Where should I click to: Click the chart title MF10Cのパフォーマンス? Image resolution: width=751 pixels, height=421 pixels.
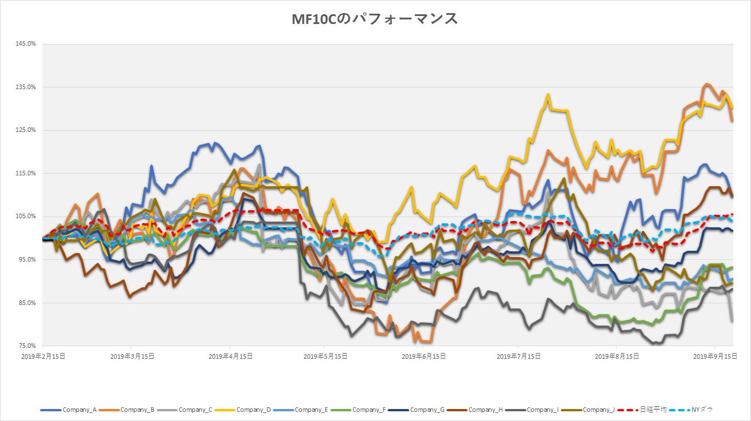375,19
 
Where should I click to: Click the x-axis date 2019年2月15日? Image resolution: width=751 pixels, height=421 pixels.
42,356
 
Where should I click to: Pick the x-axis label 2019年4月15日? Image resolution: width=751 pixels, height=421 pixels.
230,356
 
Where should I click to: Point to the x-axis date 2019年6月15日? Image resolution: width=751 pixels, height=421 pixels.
423,356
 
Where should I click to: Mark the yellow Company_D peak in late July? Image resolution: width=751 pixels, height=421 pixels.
548,95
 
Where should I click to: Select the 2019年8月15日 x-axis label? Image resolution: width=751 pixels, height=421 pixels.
616,356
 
